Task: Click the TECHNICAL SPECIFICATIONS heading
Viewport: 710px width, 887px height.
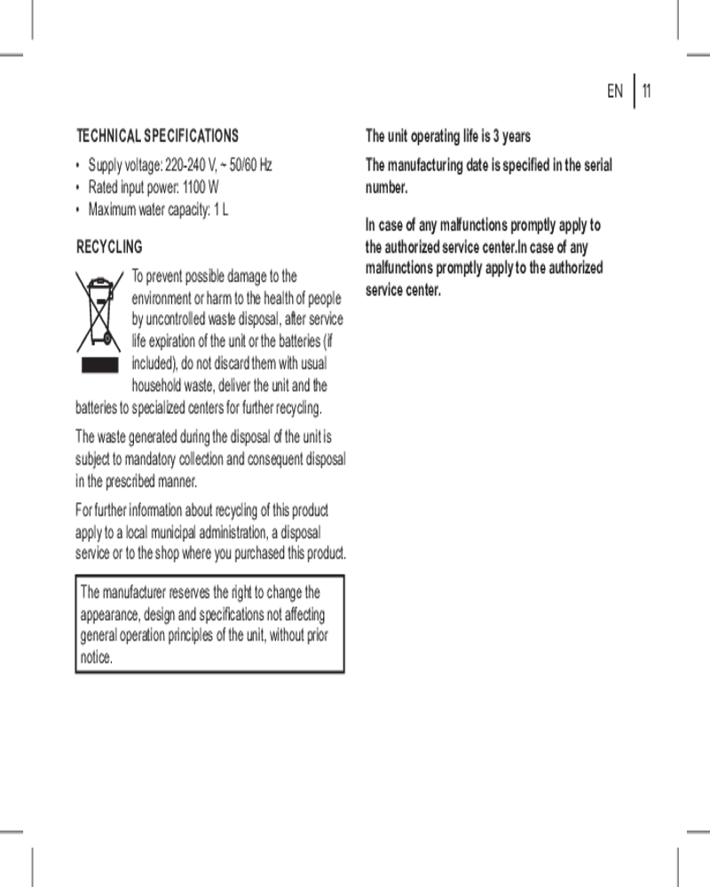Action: tap(157, 136)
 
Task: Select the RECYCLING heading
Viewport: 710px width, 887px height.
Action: tap(109, 247)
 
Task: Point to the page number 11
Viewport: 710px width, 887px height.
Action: tap(647, 90)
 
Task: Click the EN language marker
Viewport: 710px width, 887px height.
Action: tap(615, 90)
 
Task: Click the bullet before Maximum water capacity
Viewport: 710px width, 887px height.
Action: tap(79, 210)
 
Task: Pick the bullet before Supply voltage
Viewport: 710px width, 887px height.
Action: tap(79, 166)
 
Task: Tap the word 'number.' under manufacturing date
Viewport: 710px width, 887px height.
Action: tap(386, 188)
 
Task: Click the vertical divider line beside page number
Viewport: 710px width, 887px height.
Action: tap(635, 90)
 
